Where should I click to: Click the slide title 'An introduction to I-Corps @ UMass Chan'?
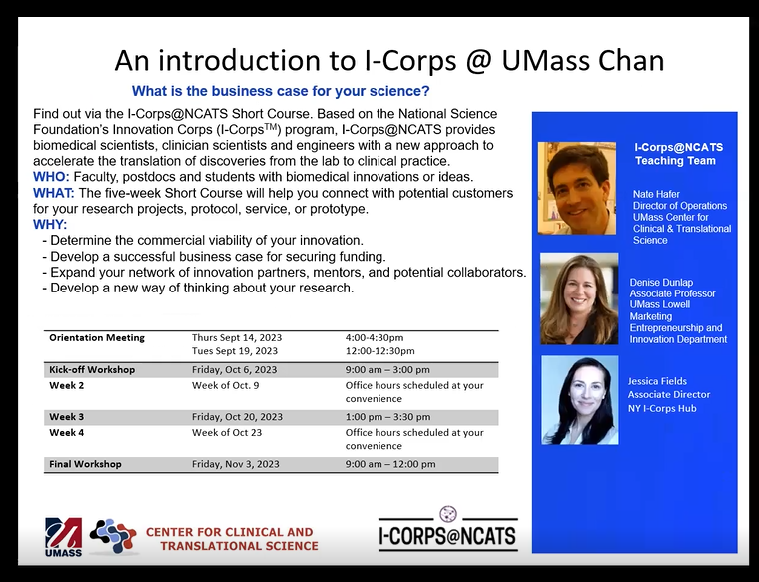point(388,60)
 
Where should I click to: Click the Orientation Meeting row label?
point(97,338)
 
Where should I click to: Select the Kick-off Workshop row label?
point(92,369)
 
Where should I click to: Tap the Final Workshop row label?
point(85,464)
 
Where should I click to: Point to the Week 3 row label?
point(67,417)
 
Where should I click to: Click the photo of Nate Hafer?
point(577,188)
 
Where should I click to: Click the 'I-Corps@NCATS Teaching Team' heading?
point(679,153)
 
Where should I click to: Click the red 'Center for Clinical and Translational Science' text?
point(231,539)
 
